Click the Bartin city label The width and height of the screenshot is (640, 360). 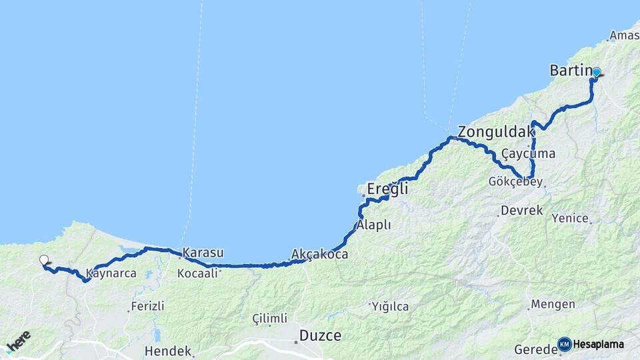coord(571,70)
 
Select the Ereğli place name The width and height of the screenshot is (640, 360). coord(388,190)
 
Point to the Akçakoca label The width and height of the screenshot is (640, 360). coord(320,254)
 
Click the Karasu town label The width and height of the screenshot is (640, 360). coord(203,253)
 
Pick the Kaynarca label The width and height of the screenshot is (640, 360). coord(112,273)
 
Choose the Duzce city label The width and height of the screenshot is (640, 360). coord(321,335)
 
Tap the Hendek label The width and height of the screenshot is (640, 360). coord(167,351)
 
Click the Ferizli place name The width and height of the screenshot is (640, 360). coord(148,307)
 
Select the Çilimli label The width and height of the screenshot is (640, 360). coord(270,319)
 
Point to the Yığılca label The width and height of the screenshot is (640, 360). coord(391,307)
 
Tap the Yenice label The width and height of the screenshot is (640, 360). coord(570,218)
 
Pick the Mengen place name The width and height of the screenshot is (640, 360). coord(553,305)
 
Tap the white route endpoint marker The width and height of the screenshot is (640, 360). coord(44,260)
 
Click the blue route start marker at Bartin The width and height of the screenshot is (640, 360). coord(596,72)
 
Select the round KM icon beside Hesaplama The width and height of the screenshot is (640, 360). coord(564,344)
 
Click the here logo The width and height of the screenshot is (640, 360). coord(18,341)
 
